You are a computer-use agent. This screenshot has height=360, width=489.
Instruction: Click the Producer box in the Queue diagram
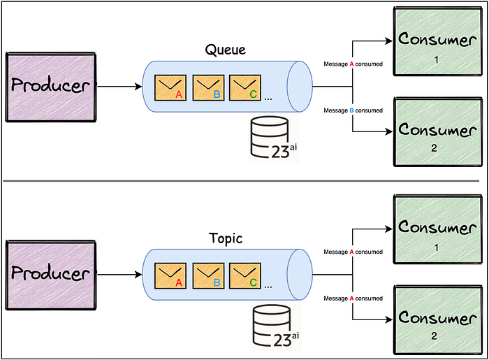coord(51,87)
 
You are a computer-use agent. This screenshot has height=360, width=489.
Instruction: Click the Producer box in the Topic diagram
coord(51,275)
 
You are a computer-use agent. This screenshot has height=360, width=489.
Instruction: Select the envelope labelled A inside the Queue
coord(170,87)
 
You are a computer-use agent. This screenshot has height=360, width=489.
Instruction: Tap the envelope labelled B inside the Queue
coord(208,87)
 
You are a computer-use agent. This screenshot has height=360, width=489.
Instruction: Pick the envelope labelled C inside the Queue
coord(245,87)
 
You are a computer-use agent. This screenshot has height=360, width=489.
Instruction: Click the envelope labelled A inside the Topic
coord(170,276)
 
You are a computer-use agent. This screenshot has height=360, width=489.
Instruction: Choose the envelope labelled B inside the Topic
coord(208,276)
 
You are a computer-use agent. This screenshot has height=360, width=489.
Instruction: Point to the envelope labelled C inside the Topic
coord(245,276)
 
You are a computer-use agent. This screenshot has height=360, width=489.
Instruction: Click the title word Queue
coord(226,50)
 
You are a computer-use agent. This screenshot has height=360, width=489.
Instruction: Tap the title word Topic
coord(226,238)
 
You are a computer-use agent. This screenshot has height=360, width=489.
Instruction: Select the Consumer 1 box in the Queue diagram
coord(438,41)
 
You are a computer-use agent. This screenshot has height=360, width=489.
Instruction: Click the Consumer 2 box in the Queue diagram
coord(438,132)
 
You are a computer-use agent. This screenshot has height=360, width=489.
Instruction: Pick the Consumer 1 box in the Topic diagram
coord(438,229)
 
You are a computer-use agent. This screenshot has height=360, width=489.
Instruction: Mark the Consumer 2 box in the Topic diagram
coord(438,319)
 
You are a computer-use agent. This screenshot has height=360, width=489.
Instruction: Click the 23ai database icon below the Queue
coord(274,138)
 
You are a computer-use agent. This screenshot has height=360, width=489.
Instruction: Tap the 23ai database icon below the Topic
coord(275,326)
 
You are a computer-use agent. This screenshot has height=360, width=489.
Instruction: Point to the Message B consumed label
coord(353,110)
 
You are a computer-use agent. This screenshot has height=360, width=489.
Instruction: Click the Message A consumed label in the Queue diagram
coord(353,64)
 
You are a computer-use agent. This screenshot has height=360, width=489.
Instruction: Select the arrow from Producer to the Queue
coord(119,87)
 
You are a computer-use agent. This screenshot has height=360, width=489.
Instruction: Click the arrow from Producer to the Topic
coord(119,275)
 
